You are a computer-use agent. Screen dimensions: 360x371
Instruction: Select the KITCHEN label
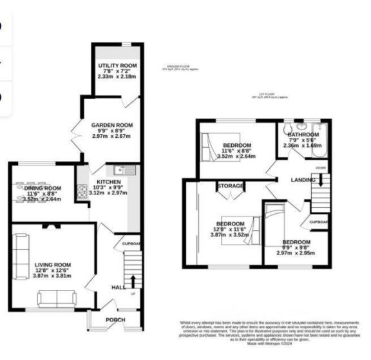pos(108,181)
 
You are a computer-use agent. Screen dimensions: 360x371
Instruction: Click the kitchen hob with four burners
pos(82,191)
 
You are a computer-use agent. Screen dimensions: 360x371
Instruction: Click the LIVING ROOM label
pos(53,264)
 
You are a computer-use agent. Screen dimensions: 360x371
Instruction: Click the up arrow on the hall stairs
pos(133,281)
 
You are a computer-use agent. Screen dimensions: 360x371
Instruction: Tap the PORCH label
pos(115,320)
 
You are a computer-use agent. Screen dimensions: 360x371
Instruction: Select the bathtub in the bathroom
pos(324,139)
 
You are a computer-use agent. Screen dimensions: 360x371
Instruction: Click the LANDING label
pos(303,180)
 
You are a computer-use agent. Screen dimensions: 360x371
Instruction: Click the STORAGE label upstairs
pos(231,186)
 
